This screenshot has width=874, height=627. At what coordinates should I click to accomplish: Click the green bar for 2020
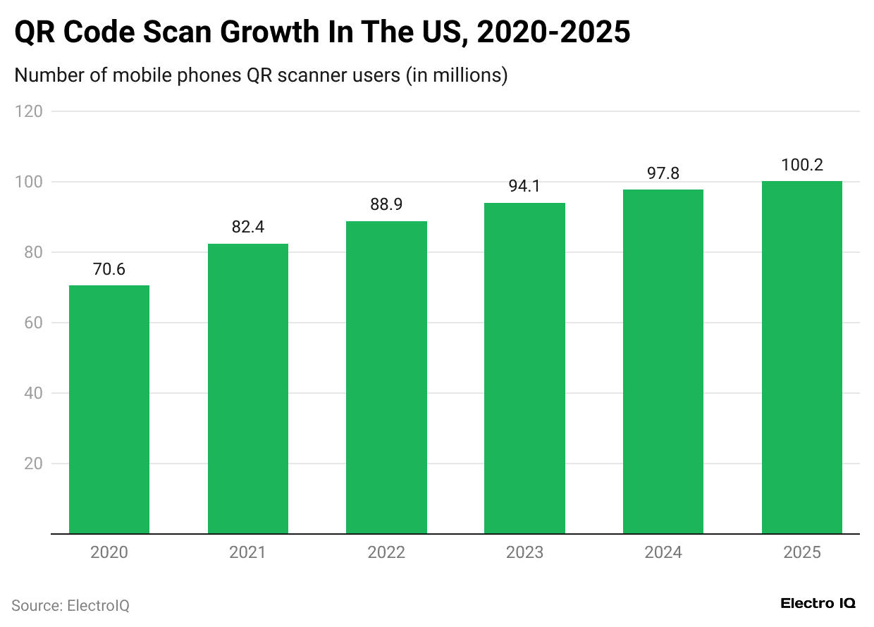coord(109,409)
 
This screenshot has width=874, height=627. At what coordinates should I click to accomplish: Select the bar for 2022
coord(386,378)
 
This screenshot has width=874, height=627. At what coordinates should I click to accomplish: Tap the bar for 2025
coord(802,357)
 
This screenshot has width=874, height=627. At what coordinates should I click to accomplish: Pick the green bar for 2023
coord(524,368)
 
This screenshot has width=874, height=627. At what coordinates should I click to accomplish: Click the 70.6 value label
coord(109,270)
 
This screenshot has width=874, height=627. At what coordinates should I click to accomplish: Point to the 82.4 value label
coord(247,228)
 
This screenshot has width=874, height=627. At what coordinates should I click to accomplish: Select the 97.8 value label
coord(663,174)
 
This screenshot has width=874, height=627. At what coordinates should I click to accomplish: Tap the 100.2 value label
coord(802,166)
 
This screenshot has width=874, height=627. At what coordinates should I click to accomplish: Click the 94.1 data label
coord(524,187)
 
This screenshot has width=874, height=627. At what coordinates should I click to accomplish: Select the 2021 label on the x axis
coord(247,552)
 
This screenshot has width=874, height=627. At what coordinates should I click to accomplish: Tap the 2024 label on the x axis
coord(663,552)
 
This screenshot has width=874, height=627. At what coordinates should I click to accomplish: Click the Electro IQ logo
coord(818,604)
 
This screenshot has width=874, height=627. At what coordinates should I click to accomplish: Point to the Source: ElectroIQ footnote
coord(70,605)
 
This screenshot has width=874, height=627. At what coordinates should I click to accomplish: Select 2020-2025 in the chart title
coord(553,32)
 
